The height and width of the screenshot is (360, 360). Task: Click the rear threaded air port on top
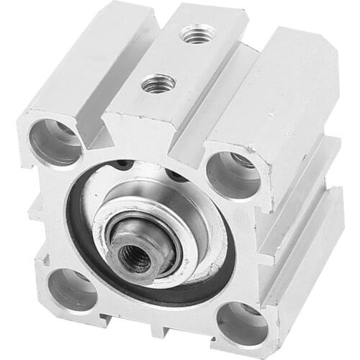tap(192, 32)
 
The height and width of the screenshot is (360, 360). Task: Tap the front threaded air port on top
tap(154, 84)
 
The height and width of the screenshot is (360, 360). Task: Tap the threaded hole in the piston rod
tap(134, 258)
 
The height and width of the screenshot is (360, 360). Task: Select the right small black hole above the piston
tap(174, 176)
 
